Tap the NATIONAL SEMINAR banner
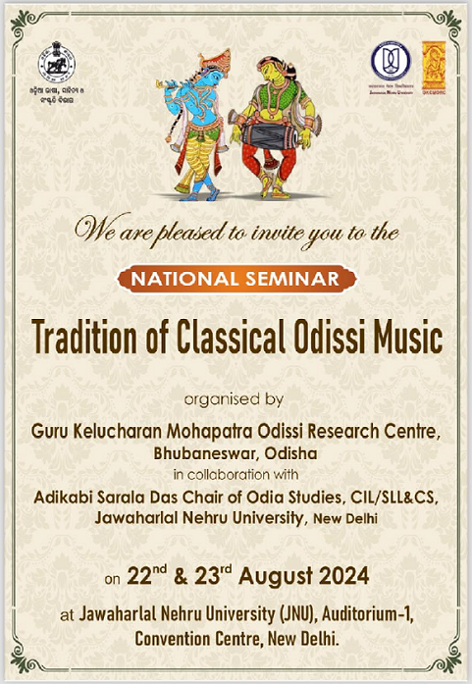click(236, 280)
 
